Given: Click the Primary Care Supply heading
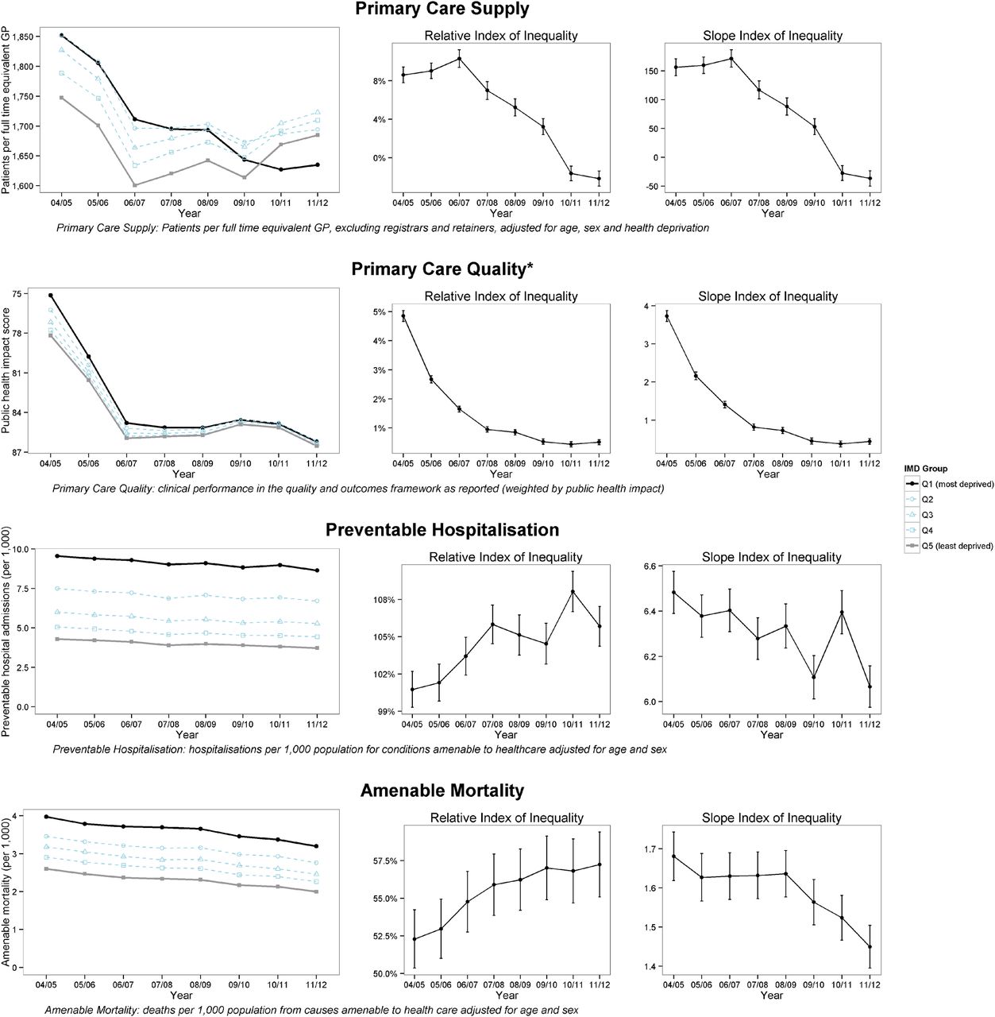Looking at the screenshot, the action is point(442,9).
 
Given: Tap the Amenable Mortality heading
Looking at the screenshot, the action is point(442,791).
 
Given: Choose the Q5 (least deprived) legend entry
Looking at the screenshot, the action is point(957,546).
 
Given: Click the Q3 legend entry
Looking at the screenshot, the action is point(927,515).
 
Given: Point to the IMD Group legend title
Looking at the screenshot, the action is point(925,469).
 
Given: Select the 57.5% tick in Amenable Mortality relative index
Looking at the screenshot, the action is point(381,861).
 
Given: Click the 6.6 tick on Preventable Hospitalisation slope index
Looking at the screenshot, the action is point(650,567).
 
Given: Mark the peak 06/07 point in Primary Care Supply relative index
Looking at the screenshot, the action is point(459,59).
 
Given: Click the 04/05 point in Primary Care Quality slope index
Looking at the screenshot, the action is point(666,317).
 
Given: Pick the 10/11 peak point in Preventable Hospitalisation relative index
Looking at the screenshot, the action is point(573,592).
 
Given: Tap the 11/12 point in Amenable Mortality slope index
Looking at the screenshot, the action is point(870,947).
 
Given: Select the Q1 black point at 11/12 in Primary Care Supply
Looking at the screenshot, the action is point(317,164).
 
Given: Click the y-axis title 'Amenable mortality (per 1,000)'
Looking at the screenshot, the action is point(6,892).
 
